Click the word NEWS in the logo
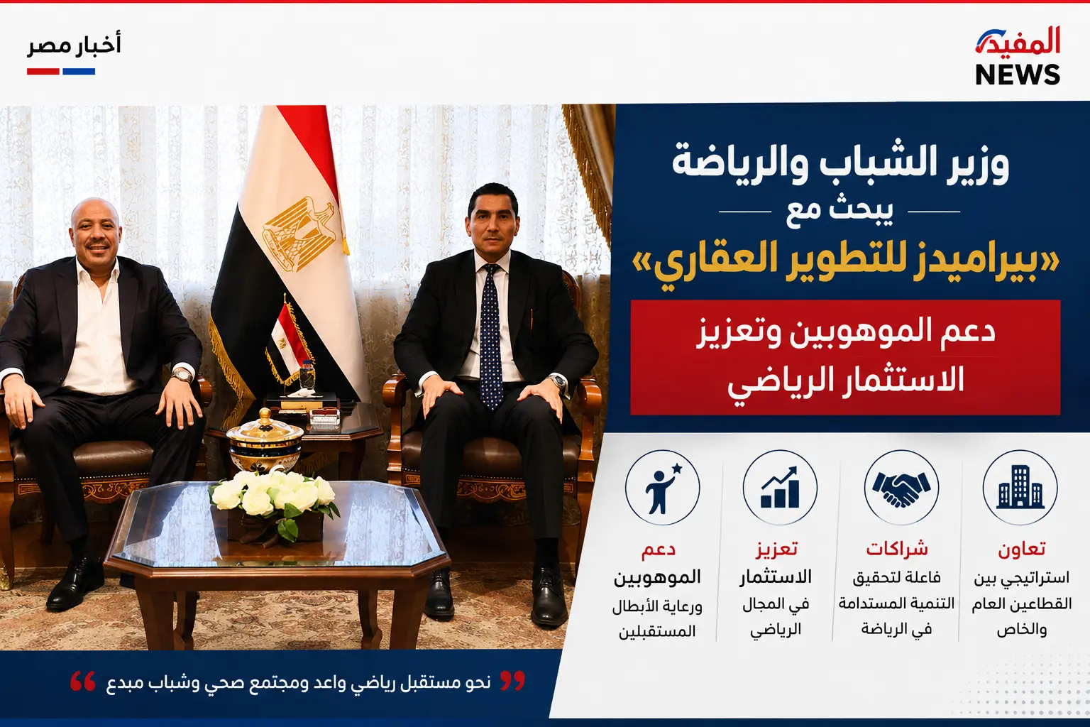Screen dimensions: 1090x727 (1018, 75)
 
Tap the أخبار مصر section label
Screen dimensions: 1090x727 (74, 45)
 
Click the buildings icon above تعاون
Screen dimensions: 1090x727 (1020, 487)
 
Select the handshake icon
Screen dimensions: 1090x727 (901, 487)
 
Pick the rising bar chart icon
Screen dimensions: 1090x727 (780, 487)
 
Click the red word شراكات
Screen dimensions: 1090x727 (897, 550)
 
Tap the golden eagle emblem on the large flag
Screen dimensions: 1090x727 (299, 234)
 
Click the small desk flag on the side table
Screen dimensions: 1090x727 (289, 341)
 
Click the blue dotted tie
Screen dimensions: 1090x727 (490, 336)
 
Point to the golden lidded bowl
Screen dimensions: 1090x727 (265, 441)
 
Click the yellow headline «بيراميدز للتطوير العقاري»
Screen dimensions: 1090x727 (845, 266)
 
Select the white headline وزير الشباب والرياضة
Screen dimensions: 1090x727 (840, 164)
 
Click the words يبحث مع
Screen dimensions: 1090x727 (839, 212)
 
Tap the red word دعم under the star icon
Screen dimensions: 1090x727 (658, 550)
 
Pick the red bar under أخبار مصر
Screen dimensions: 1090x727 (43, 72)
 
